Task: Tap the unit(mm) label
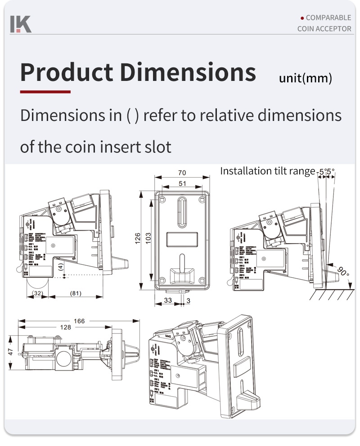click(x=306, y=79)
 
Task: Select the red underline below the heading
click(x=45, y=92)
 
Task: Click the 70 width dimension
click(x=182, y=173)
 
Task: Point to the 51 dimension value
click(x=182, y=183)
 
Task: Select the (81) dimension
click(x=76, y=293)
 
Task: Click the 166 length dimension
click(x=79, y=321)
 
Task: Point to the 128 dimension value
click(x=65, y=327)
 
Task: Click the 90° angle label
click(x=343, y=272)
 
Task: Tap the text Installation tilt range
click(x=267, y=171)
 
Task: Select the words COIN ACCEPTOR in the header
click(x=324, y=29)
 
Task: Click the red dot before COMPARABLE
click(x=302, y=18)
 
